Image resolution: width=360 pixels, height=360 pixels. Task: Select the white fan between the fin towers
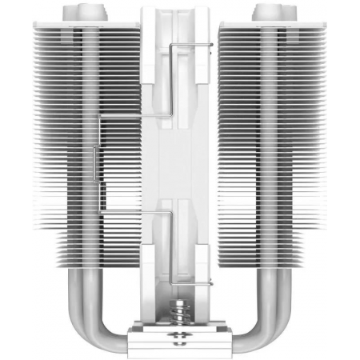point(181,160)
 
